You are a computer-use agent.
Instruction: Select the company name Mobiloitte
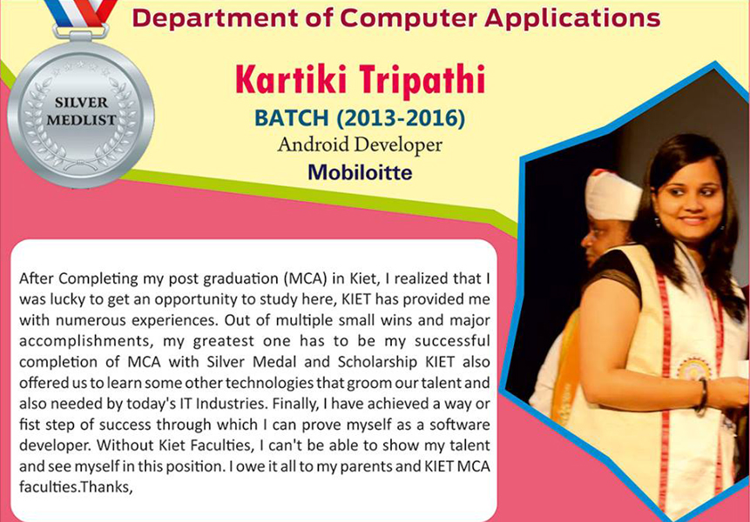tap(360, 172)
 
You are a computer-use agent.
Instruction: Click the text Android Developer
tap(360, 144)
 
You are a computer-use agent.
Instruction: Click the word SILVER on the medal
tap(81, 103)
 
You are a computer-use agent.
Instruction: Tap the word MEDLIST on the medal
tap(81, 120)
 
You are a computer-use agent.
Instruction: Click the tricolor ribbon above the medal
tap(80, 10)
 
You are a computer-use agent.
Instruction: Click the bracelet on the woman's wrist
tap(701, 397)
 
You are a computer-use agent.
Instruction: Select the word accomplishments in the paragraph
tap(81, 338)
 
